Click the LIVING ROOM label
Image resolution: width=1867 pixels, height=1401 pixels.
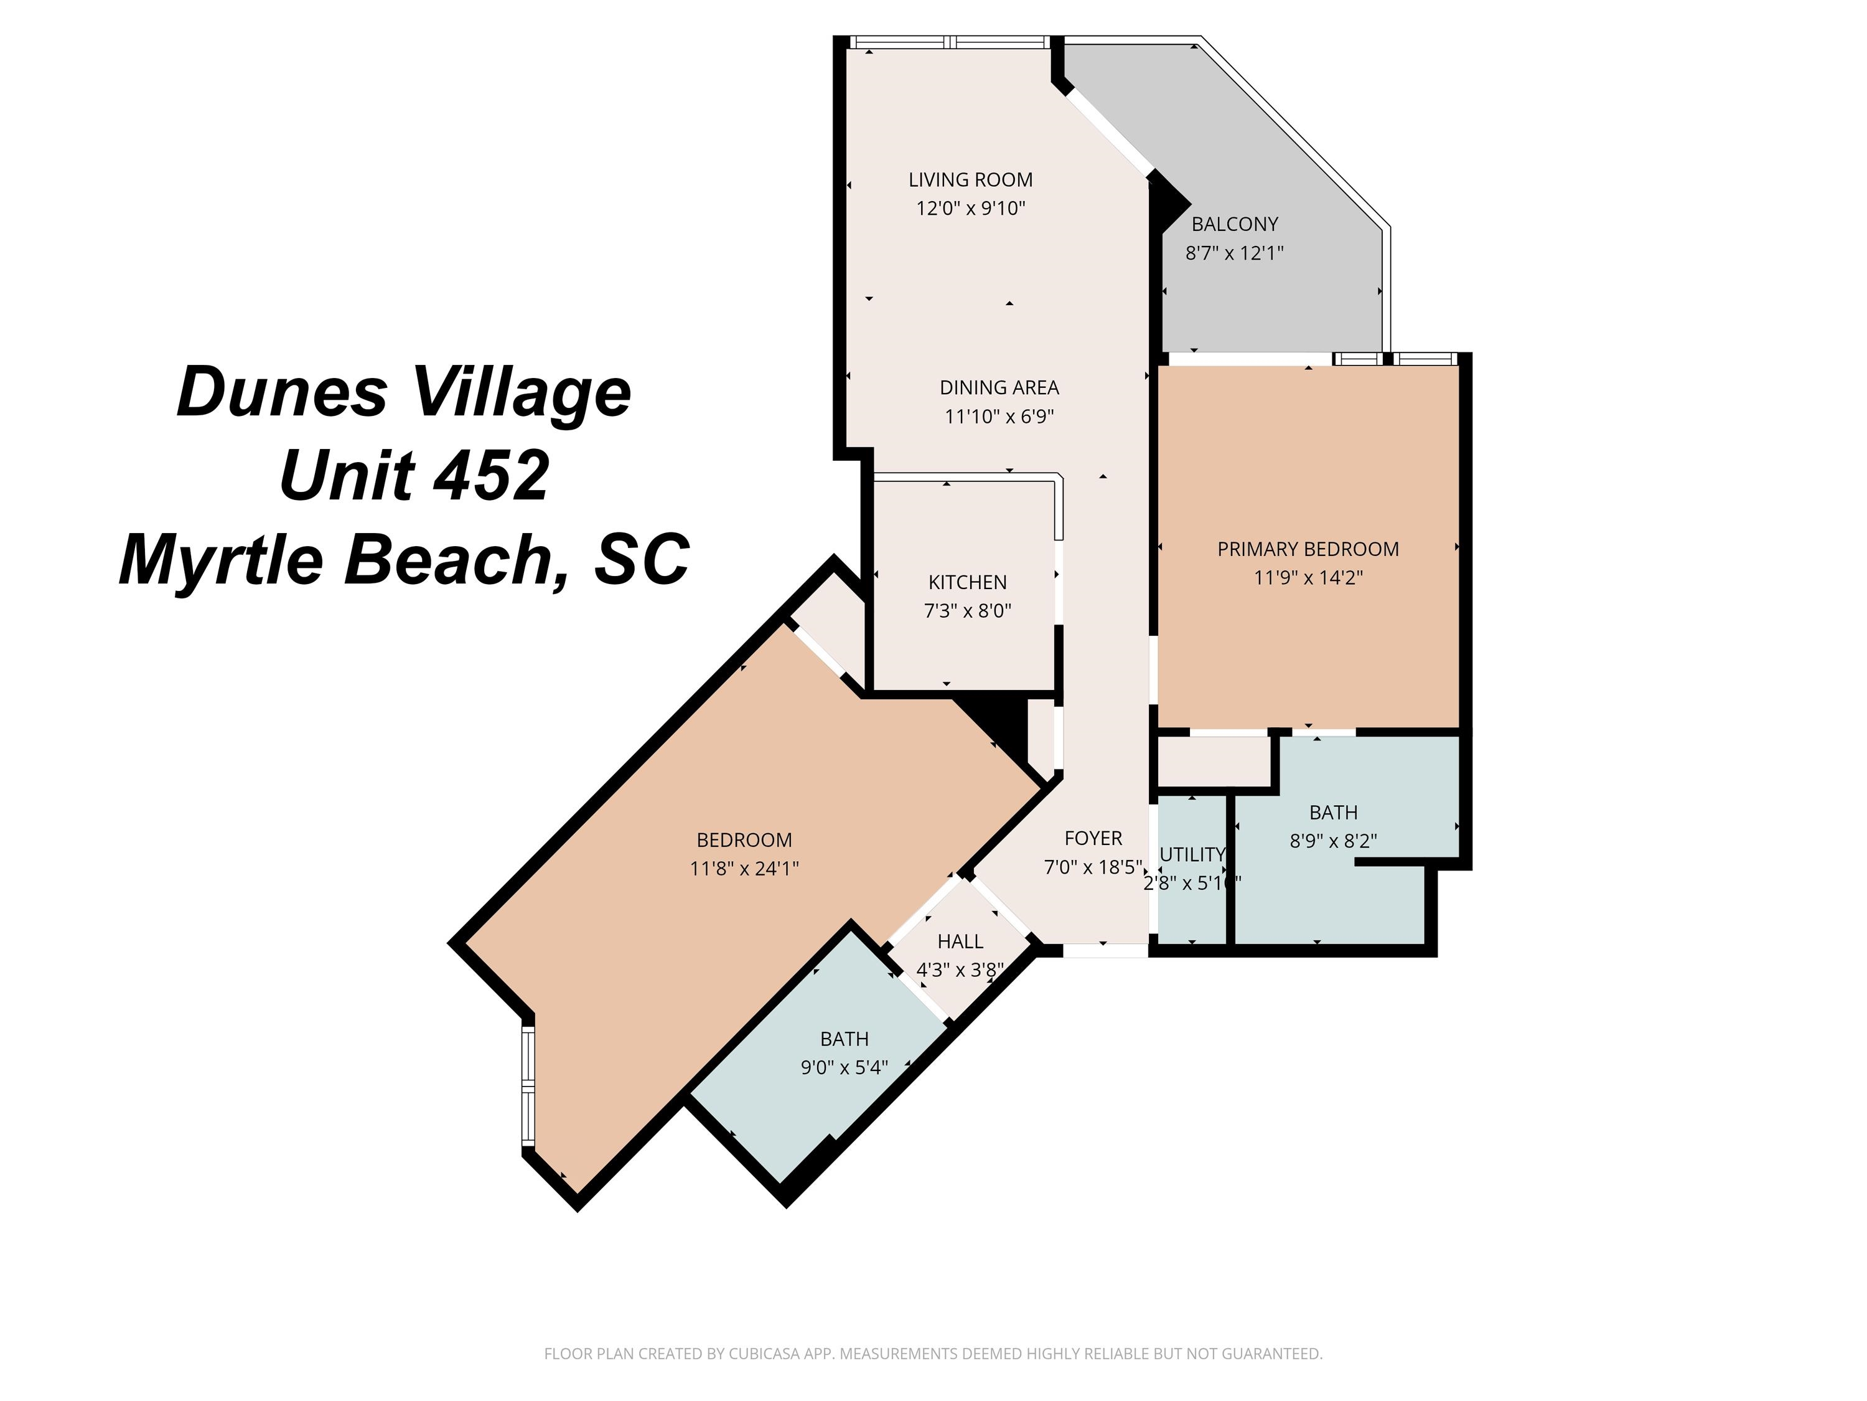[x=971, y=180]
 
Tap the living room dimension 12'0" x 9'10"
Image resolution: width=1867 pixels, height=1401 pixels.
[x=971, y=209]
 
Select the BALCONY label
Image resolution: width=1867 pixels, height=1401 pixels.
[x=1235, y=225]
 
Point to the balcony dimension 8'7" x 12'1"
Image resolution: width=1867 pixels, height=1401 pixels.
[x=1235, y=253]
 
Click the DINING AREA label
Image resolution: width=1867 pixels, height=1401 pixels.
[x=999, y=388]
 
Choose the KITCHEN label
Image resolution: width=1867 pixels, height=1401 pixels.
[x=967, y=583]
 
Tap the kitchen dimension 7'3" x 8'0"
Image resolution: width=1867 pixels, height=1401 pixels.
[x=967, y=611]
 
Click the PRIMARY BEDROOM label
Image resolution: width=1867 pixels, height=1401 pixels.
[x=1308, y=550]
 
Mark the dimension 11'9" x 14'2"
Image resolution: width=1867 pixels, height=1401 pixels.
[x=1308, y=578]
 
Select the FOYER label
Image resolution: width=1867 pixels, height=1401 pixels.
[x=1093, y=839]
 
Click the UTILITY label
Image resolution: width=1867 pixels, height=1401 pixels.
[x=1192, y=855]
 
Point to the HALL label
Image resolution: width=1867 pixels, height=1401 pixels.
[x=960, y=941]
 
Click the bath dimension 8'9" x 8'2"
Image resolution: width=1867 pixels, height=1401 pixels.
[x=1334, y=842]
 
